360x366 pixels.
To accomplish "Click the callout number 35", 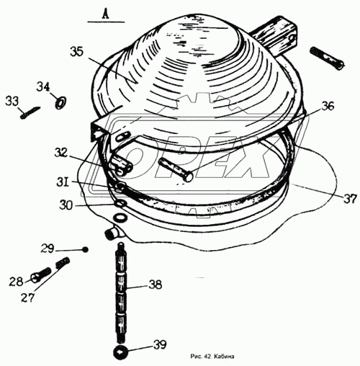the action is (x=76, y=52).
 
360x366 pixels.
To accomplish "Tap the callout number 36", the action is (x=327, y=106).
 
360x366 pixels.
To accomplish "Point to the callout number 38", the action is (x=156, y=285).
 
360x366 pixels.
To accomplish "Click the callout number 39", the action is (x=160, y=344).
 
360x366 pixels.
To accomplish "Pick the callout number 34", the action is (x=43, y=86).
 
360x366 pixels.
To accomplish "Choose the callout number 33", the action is (x=12, y=101).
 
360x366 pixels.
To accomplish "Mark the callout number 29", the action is (x=48, y=249).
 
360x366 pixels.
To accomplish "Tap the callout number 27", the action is (x=27, y=297).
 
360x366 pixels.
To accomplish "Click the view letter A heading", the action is (x=106, y=14).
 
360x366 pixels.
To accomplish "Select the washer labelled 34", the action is (x=60, y=102).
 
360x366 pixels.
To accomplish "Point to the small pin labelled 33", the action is (x=30, y=112).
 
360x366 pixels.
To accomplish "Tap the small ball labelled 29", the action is (x=85, y=250).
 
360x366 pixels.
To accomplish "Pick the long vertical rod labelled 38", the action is (x=122, y=293).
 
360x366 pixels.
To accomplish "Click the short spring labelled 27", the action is (x=63, y=262).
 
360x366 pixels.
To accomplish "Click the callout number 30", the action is (x=66, y=205).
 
